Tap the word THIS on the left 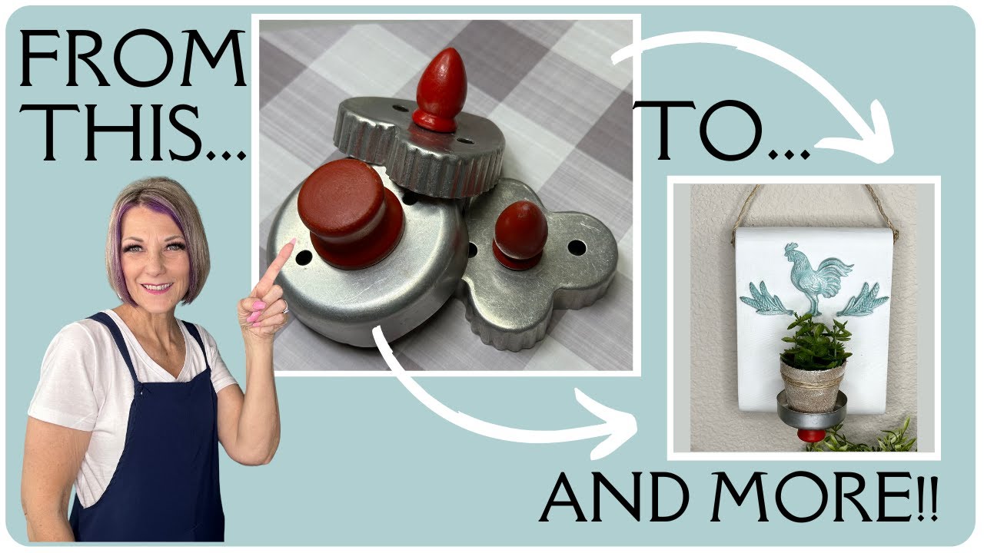tap(118, 132)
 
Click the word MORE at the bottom tap(812, 496)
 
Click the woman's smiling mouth tap(157, 287)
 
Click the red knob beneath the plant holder tap(811, 435)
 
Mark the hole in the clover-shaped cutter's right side tap(577, 247)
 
